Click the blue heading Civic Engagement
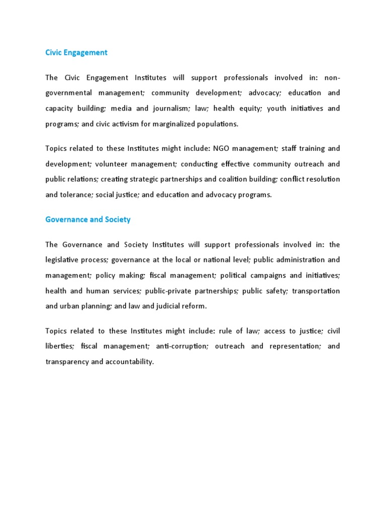point(76,52)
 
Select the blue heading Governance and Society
point(88,219)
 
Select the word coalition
point(235,180)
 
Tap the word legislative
point(63,260)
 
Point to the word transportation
point(316,291)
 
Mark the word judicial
point(161,306)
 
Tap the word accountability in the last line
point(129,362)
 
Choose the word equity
point(249,109)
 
